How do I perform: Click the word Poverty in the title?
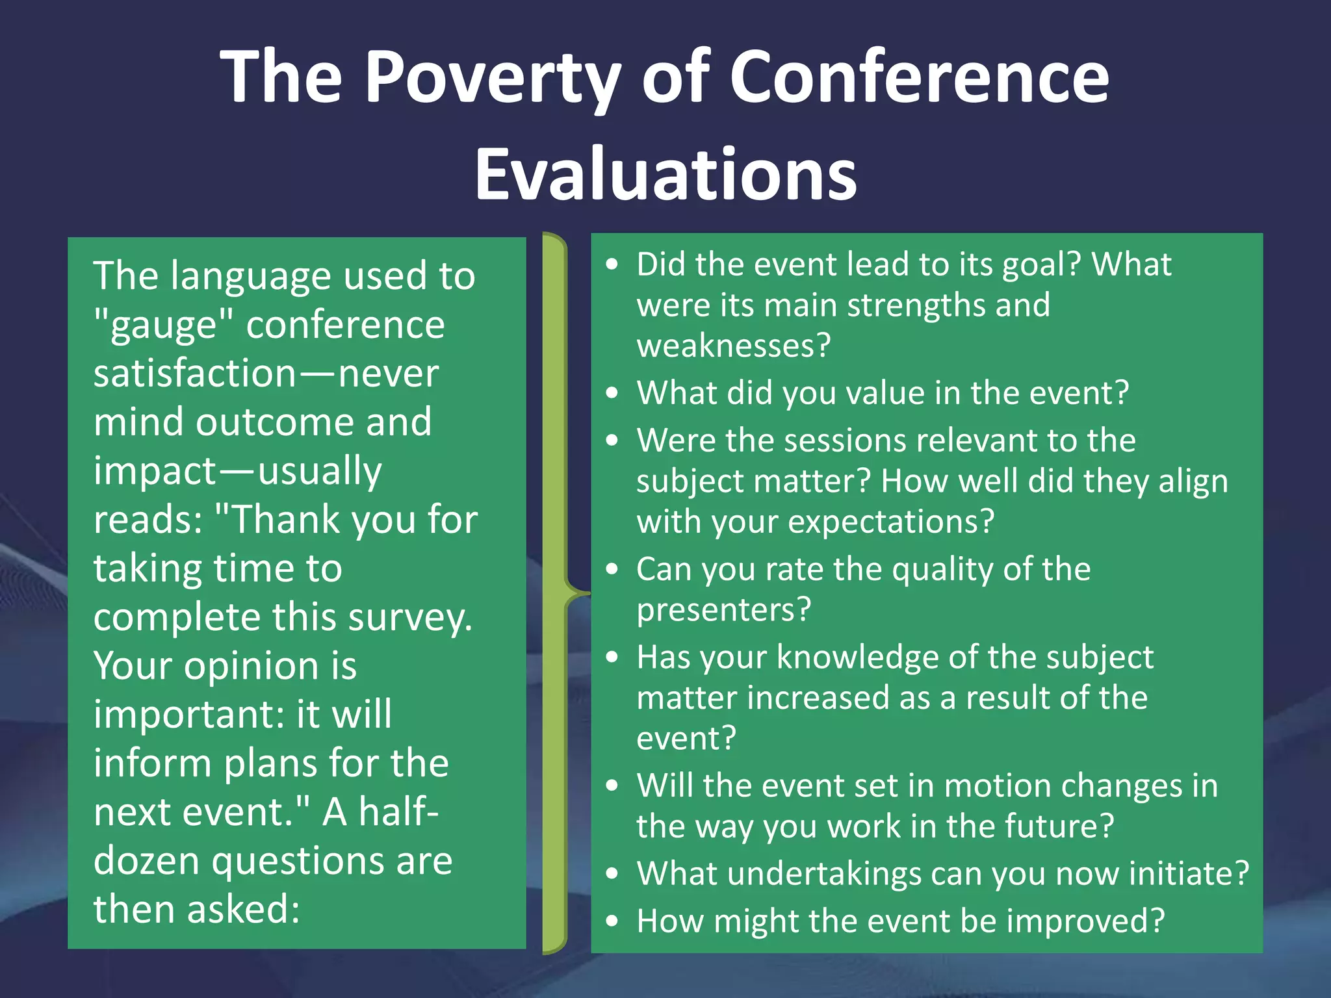click(x=493, y=78)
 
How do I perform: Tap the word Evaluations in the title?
click(x=665, y=174)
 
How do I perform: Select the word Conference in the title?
click(x=919, y=78)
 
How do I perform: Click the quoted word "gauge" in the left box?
click(x=163, y=326)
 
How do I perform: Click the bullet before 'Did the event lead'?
click(x=612, y=264)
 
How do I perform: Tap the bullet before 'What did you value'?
click(x=612, y=393)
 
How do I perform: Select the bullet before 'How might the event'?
click(x=612, y=921)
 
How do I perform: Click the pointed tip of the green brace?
click(x=588, y=593)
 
